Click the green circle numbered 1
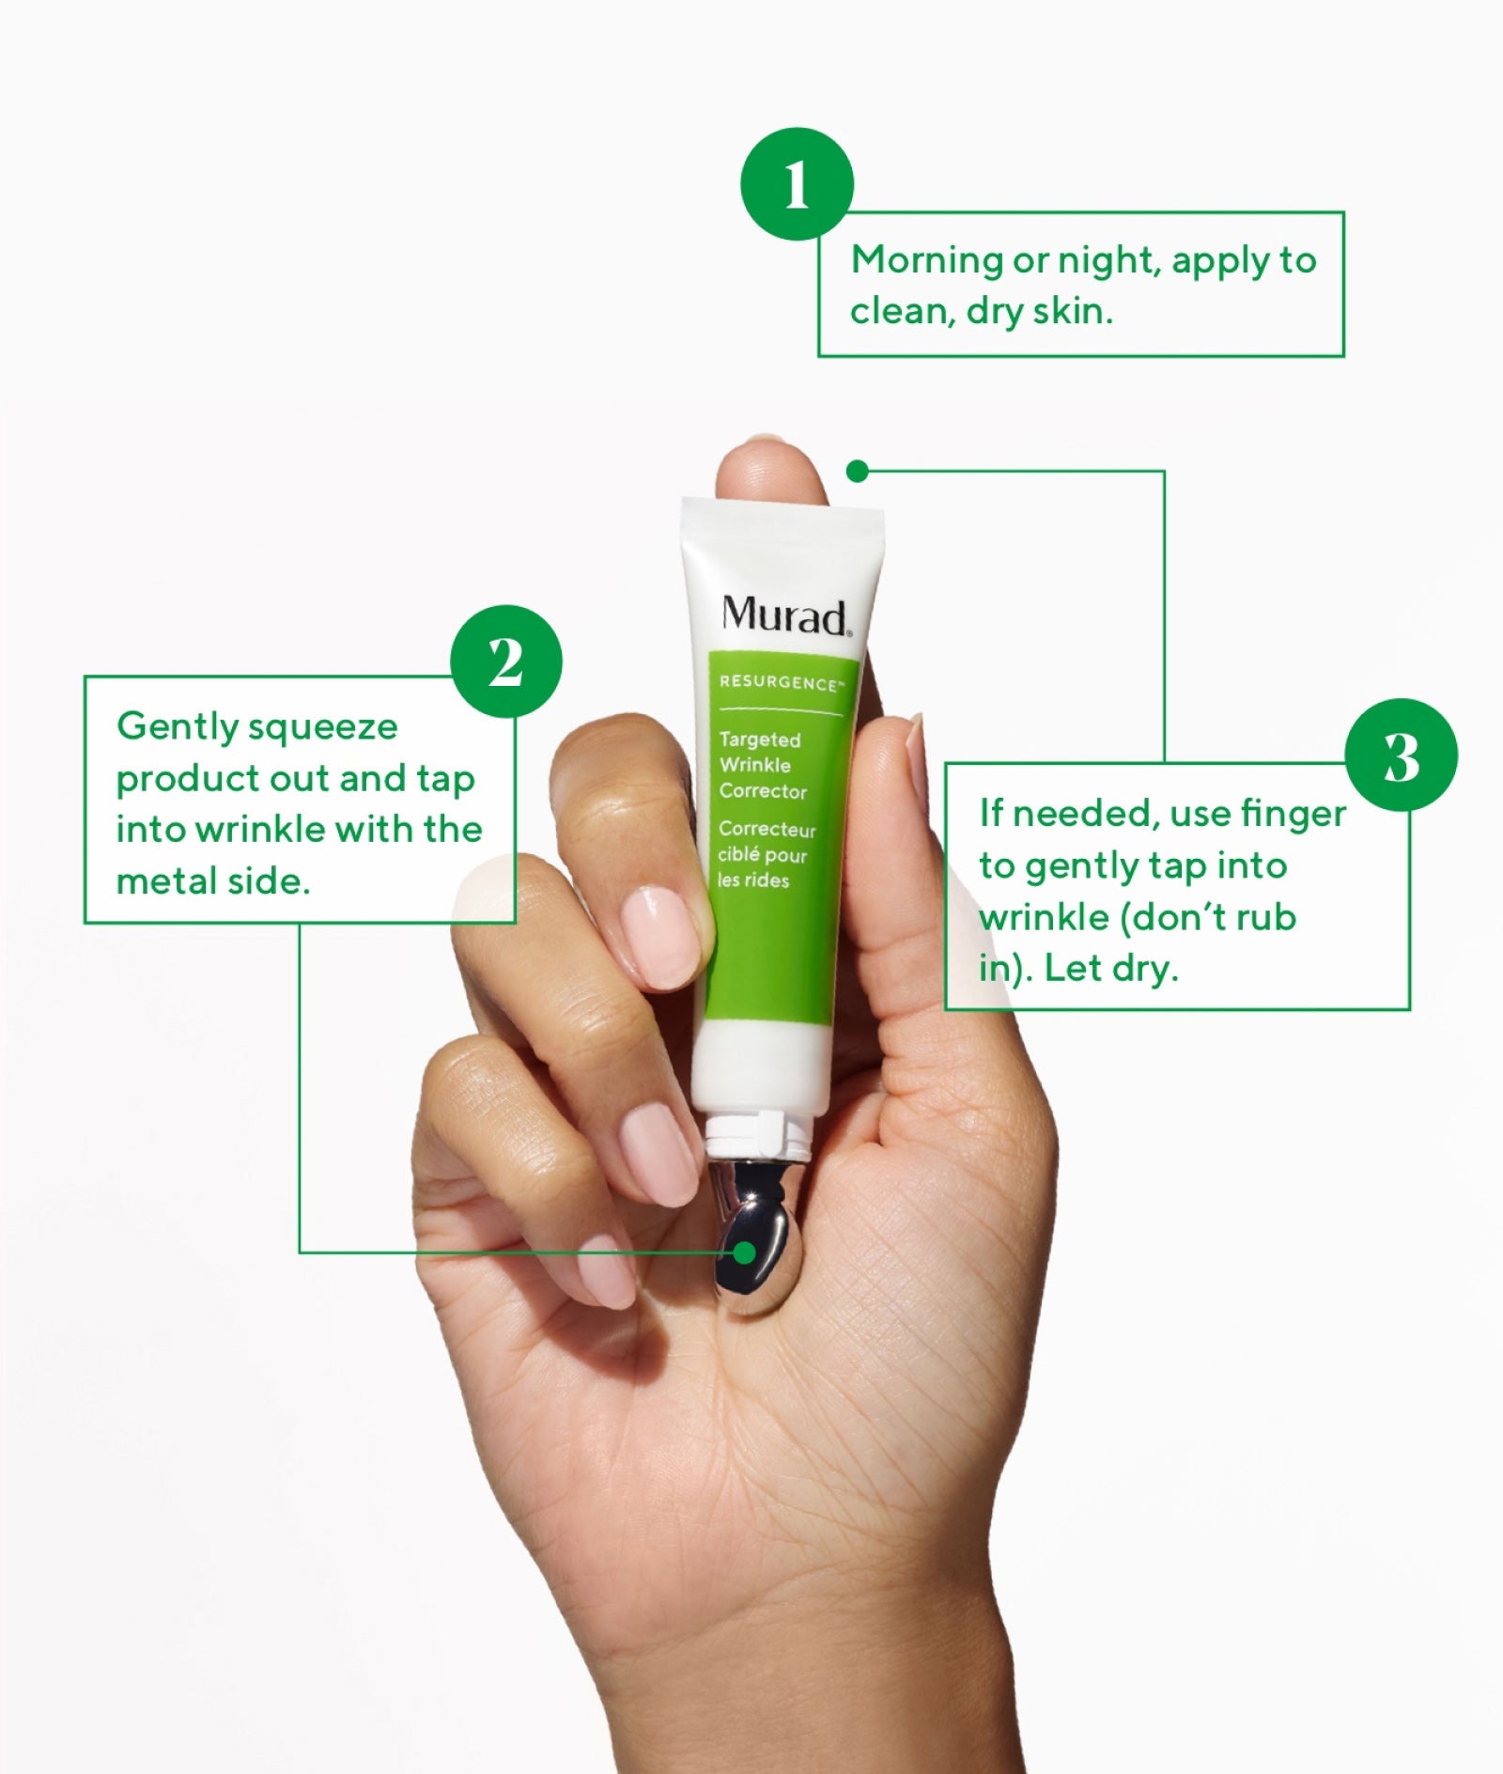(797, 183)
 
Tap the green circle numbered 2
(506, 661)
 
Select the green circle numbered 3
(1401, 755)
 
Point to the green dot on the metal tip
(745, 1253)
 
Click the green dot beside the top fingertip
(857, 471)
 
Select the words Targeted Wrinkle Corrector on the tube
(763, 765)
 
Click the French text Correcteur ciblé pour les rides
(767, 854)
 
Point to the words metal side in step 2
(212, 881)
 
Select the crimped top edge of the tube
(782, 512)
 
